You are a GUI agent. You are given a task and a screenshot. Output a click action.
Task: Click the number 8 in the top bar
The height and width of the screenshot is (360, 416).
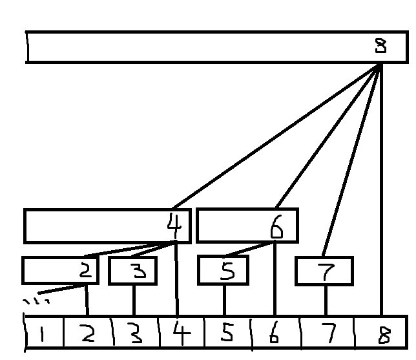pyautogui.click(x=381, y=47)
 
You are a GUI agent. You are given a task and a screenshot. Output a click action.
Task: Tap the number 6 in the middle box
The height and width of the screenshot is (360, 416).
pyautogui.click(x=276, y=227)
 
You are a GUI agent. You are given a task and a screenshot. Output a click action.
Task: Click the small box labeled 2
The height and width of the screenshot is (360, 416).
pyautogui.click(x=60, y=270)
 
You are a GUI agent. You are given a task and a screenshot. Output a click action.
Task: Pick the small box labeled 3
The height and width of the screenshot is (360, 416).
pyautogui.click(x=133, y=271)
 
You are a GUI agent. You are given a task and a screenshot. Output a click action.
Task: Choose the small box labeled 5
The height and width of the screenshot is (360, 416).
pyautogui.click(x=224, y=271)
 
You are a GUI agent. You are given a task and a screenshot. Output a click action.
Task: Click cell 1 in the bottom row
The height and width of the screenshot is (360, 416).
pyautogui.click(x=43, y=334)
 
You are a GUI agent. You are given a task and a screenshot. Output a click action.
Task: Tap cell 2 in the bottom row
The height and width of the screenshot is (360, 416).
pyautogui.click(x=88, y=334)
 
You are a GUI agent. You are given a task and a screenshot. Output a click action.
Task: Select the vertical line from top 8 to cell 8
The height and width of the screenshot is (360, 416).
pyautogui.click(x=382, y=194)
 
